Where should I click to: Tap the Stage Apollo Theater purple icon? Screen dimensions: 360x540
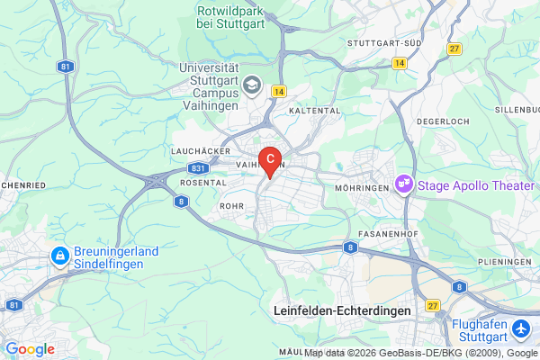pos(404,184)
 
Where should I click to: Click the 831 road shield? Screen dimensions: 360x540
pos(199,168)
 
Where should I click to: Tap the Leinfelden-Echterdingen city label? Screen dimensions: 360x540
pos(341,310)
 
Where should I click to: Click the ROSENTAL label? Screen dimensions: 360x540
pos(202,182)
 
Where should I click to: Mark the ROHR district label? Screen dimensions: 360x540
pos(231,206)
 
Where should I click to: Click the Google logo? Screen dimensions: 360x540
pos(30,349)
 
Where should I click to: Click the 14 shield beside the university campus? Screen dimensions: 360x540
pos(279,92)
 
